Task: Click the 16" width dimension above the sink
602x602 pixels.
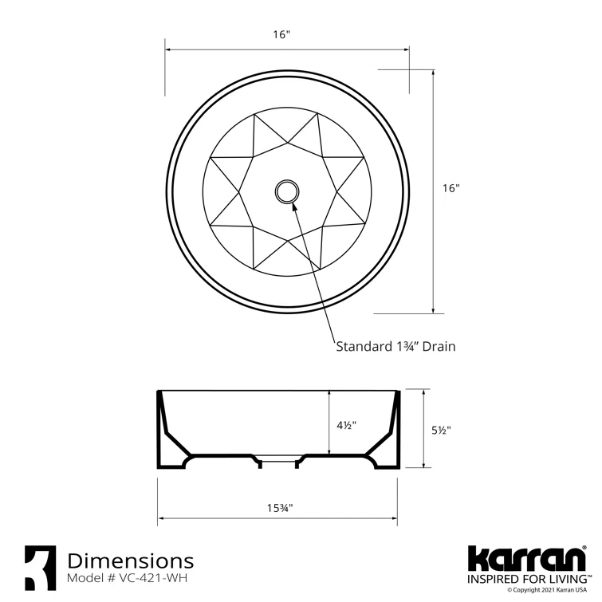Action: (281, 34)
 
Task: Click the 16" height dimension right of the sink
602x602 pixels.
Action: (451, 189)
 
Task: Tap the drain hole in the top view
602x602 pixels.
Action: (286, 191)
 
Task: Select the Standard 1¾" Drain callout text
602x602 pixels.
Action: (395, 346)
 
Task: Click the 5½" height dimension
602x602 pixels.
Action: (441, 430)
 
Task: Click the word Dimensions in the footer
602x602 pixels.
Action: (131, 561)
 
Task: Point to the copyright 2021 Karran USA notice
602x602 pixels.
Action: (550, 591)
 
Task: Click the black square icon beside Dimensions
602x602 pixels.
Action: (40, 567)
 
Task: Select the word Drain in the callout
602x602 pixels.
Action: (439, 346)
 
